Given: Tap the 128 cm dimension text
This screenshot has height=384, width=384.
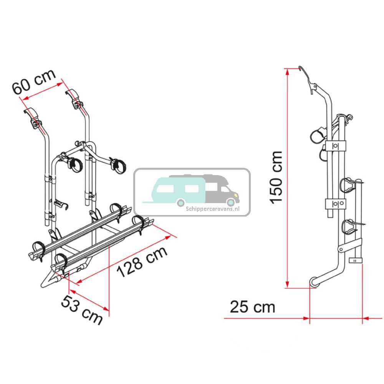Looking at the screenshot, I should click(142, 262).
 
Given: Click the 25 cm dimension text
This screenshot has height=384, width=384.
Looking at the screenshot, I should click(253, 307).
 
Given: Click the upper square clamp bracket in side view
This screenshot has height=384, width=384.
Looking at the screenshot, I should click(335, 146).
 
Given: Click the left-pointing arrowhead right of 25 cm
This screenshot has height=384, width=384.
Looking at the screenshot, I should click(366, 318).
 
